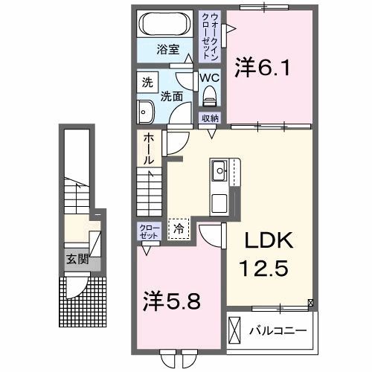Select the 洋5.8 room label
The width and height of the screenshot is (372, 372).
click(170, 303)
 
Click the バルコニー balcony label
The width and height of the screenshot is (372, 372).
click(280, 329)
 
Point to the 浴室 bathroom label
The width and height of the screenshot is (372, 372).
click(166, 50)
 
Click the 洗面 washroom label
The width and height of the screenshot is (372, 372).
click(173, 96)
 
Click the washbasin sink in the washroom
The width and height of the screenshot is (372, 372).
click(144, 112)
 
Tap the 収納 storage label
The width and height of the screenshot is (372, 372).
click(210, 118)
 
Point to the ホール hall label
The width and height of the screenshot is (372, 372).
click(149, 150)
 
